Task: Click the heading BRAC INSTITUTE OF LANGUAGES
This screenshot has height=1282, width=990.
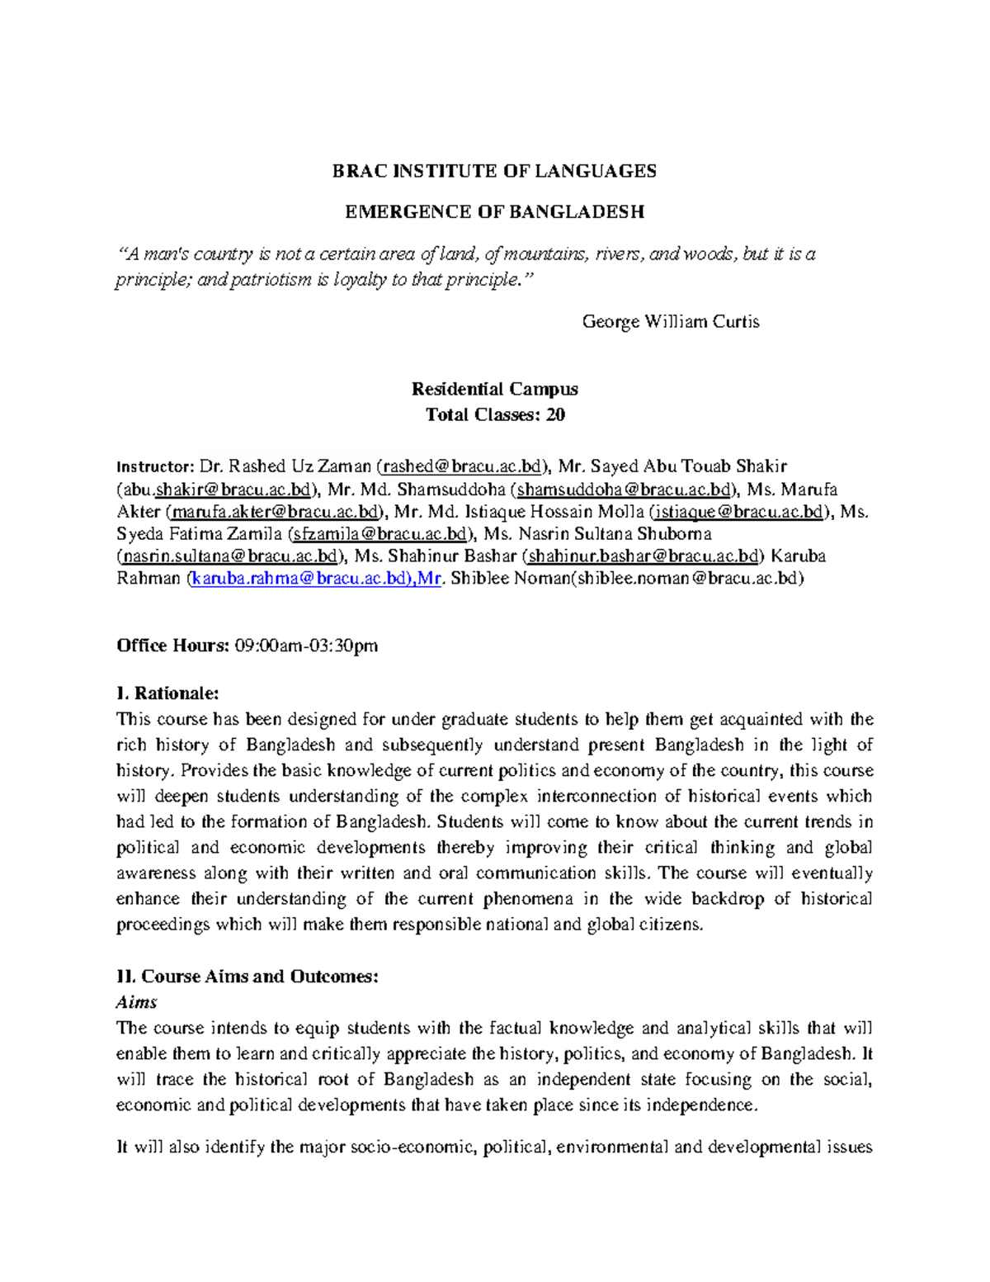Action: (x=494, y=171)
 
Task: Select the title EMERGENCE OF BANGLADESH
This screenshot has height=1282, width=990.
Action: (x=494, y=212)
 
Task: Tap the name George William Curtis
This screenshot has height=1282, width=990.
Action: (x=670, y=321)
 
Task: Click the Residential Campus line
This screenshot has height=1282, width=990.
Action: (x=494, y=389)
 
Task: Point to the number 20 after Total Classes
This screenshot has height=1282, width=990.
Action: (x=555, y=414)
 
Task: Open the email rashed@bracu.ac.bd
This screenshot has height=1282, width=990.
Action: (x=461, y=467)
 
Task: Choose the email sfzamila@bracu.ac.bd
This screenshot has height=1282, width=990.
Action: (x=381, y=534)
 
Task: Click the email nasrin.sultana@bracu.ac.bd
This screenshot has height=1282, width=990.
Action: (x=229, y=556)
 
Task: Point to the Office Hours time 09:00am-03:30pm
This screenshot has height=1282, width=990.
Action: (x=306, y=646)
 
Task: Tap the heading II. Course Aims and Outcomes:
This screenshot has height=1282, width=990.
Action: (x=247, y=977)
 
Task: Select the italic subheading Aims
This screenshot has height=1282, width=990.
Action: (x=136, y=1002)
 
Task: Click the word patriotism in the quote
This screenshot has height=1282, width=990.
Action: (x=270, y=280)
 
